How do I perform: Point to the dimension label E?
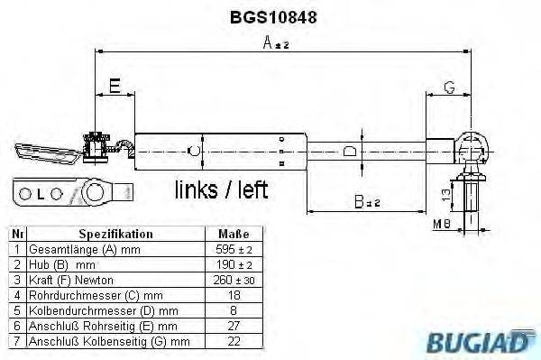115,86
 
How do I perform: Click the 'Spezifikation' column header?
115,234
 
